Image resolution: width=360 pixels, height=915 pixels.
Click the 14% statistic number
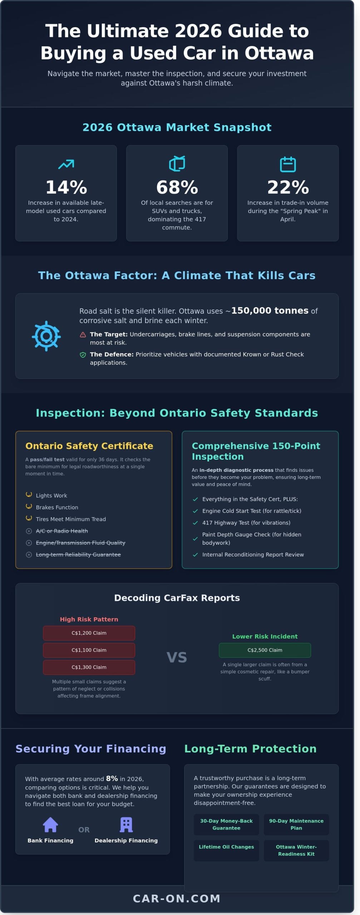click(x=66, y=187)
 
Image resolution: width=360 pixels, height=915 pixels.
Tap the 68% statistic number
click(x=177, y=187)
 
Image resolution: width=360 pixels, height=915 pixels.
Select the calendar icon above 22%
click(x=288, y=164)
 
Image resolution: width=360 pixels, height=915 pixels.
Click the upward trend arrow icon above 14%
click(x=66, y=164)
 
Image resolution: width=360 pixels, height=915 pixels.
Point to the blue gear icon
click(x=46, y=336)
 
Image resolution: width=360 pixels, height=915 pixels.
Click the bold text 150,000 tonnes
click(x=270, y=310)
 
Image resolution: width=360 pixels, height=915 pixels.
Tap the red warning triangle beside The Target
click(x=83, y=335)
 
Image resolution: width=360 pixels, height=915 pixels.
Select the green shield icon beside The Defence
click(x=83, y=355)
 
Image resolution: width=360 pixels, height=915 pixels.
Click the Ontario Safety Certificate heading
click(x=89, y=446)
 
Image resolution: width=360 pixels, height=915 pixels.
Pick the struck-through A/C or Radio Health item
click(x=62, y=531)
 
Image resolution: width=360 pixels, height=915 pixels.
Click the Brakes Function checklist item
click(x=57, y=507)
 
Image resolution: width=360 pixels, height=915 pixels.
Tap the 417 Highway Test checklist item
click(x=246, y=523)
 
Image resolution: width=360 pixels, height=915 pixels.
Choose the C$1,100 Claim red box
click(x=89, y=650)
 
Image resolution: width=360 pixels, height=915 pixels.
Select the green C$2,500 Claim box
click(x=265, y=650)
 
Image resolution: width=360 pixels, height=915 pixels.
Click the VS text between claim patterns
click(x=177, y=657)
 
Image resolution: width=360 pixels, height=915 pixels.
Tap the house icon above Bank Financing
click(x=50, y=825)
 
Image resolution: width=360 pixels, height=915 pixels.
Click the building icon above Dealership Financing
click(x=126, y=825)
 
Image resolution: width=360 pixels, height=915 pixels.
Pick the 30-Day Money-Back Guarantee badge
click(x=226, y=824)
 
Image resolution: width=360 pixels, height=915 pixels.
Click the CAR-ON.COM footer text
click(x=177, y=898)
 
